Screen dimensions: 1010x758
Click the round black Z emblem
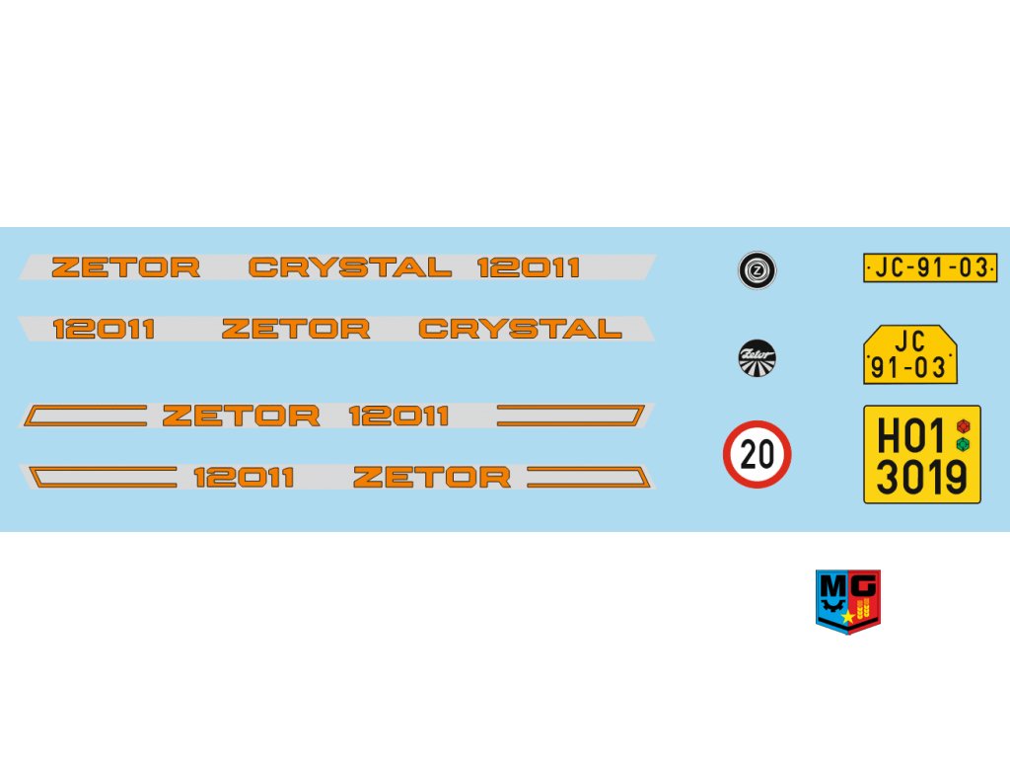click(757, 270)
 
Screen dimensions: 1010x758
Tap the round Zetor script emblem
click(757, 357)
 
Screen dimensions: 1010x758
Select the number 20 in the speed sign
click(757, 455)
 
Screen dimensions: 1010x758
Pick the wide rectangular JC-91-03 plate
click(930, 267)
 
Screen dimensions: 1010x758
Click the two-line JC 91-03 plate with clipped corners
click(909, 354)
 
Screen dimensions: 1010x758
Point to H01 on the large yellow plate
click(910, 435)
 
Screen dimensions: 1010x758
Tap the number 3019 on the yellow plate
click(921, 478)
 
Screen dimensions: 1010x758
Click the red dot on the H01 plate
click(964, 425)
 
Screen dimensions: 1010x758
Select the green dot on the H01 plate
click(964, 443)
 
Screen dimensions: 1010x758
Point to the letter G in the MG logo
click(864, 586)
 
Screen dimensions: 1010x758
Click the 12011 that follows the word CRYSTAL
click(529, 267)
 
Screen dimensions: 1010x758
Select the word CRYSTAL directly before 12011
click(349, 267)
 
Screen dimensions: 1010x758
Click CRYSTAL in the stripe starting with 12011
click(520, 329)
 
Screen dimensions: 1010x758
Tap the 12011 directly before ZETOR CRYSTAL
click(104, 329)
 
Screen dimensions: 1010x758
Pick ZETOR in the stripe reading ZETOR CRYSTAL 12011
click(125, 267)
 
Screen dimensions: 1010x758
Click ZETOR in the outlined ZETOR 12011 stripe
click(241, 416)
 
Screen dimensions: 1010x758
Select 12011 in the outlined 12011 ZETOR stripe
click(244, 478)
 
